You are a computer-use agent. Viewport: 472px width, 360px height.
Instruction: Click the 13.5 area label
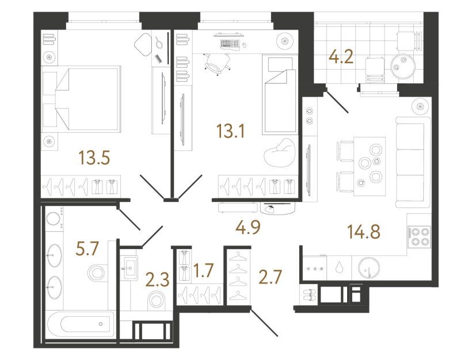tap(94, 158)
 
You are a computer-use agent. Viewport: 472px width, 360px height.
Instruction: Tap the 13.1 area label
tap(231, 131)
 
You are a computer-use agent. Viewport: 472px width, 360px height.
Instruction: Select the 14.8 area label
tap(364, 232)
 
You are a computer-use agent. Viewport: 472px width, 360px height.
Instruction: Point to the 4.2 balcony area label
tap(341, 57)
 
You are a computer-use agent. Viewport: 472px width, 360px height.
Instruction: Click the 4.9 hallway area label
tap(248, 227)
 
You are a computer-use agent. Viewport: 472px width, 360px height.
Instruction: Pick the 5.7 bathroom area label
tap(86, 248)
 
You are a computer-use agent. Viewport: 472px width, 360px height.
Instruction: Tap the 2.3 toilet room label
tap(158, 281)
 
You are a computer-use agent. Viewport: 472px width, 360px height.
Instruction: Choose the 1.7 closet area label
tap(204, 270)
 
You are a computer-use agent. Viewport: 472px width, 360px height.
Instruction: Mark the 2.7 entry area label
tap(270, 277)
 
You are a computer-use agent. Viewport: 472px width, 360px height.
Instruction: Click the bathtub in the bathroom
tap(81, 324)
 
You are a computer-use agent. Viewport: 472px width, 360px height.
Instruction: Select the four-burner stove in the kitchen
tap(419, 237)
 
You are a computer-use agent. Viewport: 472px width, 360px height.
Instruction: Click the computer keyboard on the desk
tap(230, 44)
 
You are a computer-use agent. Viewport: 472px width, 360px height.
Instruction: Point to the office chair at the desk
tap(218, 63)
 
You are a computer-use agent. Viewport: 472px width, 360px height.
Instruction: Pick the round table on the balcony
tap(404, 64)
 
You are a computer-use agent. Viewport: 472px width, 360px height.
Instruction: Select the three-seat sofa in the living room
tap(413, 162)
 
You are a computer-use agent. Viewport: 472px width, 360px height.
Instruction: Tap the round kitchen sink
tap(369, 268)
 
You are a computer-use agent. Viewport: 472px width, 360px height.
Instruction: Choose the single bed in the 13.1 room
tap(279, 94)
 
